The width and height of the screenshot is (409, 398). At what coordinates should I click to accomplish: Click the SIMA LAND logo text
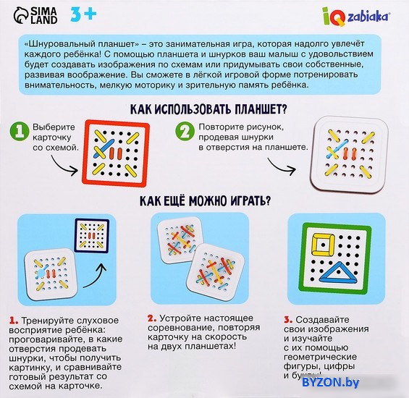44,16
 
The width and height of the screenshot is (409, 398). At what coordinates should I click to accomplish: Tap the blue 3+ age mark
83,14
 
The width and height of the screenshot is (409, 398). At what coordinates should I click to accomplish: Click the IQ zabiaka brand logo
356,16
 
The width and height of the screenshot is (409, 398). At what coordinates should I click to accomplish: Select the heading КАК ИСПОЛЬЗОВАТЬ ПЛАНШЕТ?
208,109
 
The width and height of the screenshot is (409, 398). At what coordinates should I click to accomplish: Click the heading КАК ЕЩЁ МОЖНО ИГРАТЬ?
206,200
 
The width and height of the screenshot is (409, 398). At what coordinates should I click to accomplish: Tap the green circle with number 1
20,131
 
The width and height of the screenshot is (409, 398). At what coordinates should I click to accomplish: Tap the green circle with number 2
185,131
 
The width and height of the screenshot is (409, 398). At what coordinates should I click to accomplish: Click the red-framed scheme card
116,153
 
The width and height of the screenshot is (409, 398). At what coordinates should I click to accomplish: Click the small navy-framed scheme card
91,236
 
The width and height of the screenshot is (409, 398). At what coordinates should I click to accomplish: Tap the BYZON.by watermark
331,382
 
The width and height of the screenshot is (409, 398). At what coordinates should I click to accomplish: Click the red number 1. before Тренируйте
14,321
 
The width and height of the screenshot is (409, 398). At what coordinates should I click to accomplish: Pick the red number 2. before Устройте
152,318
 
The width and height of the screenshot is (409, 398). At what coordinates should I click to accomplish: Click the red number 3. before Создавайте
288,320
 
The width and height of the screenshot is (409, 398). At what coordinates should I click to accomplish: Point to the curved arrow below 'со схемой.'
64,164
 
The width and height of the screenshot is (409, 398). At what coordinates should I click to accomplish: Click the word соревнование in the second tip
181,328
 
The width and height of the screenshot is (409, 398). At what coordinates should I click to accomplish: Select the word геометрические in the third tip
320,357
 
